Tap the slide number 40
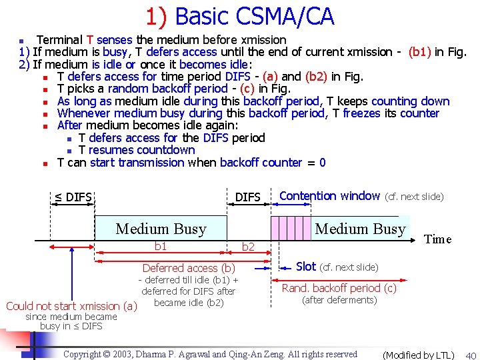pyautogui.click(x=471, y=355)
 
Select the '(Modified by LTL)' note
pyautogui.click(x=418, y=355)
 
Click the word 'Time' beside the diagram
pyautogui.click(x=438, y=239)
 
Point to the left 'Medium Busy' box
pyautogui.click(x=161, y=229)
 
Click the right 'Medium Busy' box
pyautogui.click(x=360, y=229)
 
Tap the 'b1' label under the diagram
pyautogui.click(x=161, y=246)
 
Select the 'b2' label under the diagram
pyautogui.click(x=248, y=247)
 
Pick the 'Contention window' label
pyautogui.click(x=329, y=196)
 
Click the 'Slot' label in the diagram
pyautogui.click(x=306, y=267)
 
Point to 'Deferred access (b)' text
pyautogui.click(x=189, y=268)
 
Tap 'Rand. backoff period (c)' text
pyautogui.click(x=339, y=288)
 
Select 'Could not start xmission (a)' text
pyautogui.click(x=71, y=306)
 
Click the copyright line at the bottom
pyautogui.click(x=210, y=354)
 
